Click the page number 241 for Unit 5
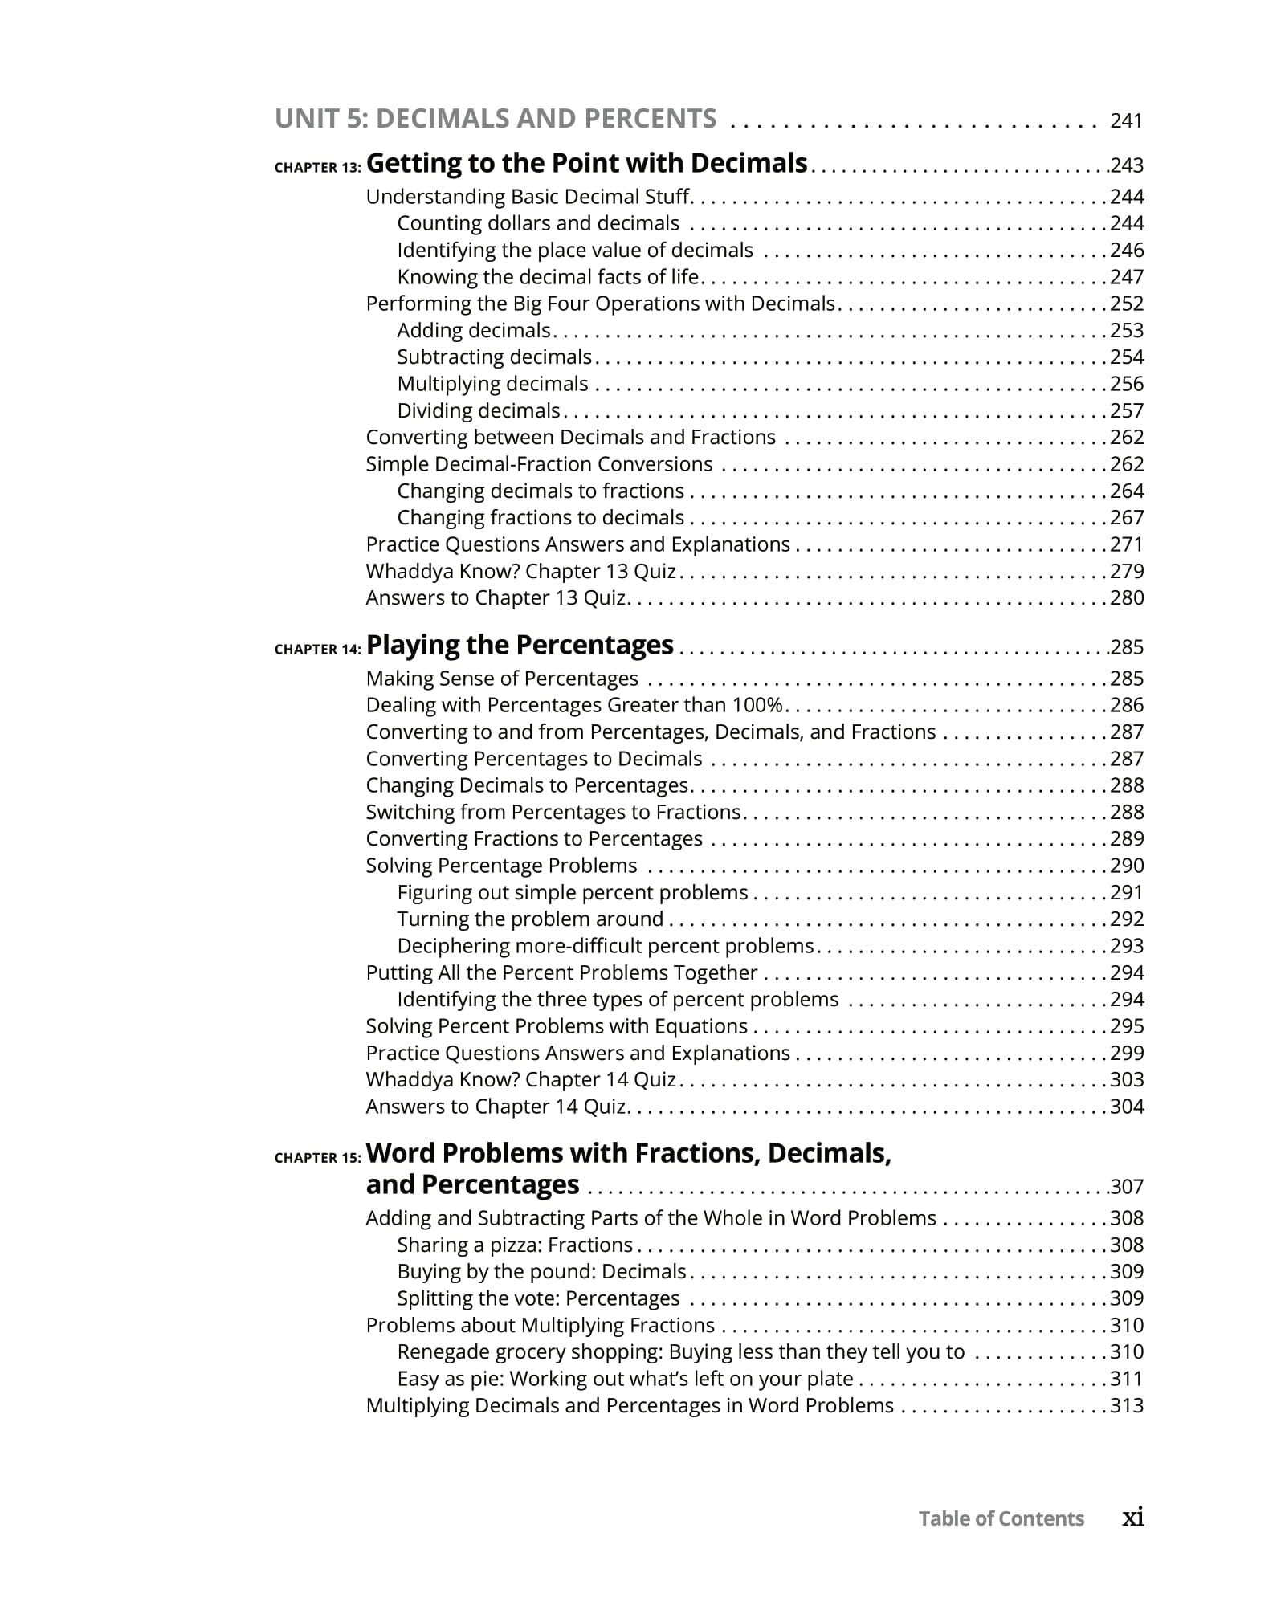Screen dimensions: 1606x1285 tap(1125, 121)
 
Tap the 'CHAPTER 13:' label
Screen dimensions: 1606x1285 tap(317, 168)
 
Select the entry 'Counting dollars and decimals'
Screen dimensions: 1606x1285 tap(537, 223)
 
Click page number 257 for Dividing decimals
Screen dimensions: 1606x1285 tap(1126, 411)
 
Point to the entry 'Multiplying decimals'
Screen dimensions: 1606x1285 tap(492, 384)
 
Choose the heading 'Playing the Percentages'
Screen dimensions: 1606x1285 tap(519, 645)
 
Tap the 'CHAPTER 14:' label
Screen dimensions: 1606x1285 tap(317, 650)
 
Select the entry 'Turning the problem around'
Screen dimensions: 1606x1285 tap(530, 919)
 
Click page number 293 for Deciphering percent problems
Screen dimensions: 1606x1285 tap(1126, 946)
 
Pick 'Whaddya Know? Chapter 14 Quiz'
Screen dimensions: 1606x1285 tap(520, 1079)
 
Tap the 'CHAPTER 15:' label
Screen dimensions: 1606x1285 tap(317, 1158)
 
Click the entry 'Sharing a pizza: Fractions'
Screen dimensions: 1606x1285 tap(515, 1245)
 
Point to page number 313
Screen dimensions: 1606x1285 tap(1126, 1405)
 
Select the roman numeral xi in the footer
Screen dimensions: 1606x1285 tap(1132, 1517)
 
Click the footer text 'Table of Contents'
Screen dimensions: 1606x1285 tap(1001, 1518)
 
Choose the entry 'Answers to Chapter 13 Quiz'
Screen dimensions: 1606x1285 tap(496, 598)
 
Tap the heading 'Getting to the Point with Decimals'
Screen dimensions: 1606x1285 tap(586, 163)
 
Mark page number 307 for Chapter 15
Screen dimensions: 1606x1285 tap(1126, 1187)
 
